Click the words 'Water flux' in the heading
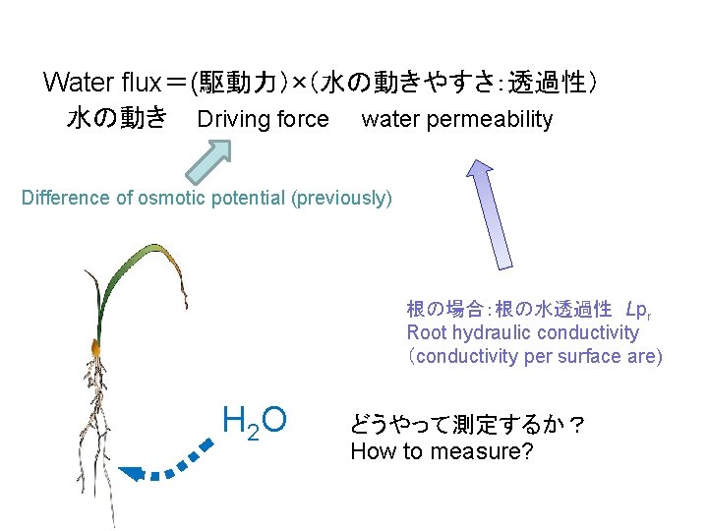tap(108, 82)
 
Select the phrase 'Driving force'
tap(264, 120)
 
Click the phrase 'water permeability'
tap(457, 120)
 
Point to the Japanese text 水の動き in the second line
tap(117, 120)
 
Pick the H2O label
tap(255, 422)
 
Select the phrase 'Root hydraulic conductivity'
tap(522, 332)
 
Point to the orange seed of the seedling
tap(97, 348)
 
